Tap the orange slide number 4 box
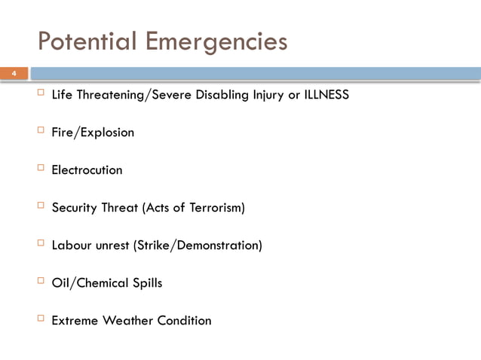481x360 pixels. (13, 74)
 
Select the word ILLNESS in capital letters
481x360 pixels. (326, 96)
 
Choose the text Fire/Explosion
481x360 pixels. (93, 133)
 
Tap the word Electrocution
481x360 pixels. (87, 170)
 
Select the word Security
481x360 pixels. (73, 208)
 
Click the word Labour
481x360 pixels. (71, 246)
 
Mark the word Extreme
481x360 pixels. (74, 321)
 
